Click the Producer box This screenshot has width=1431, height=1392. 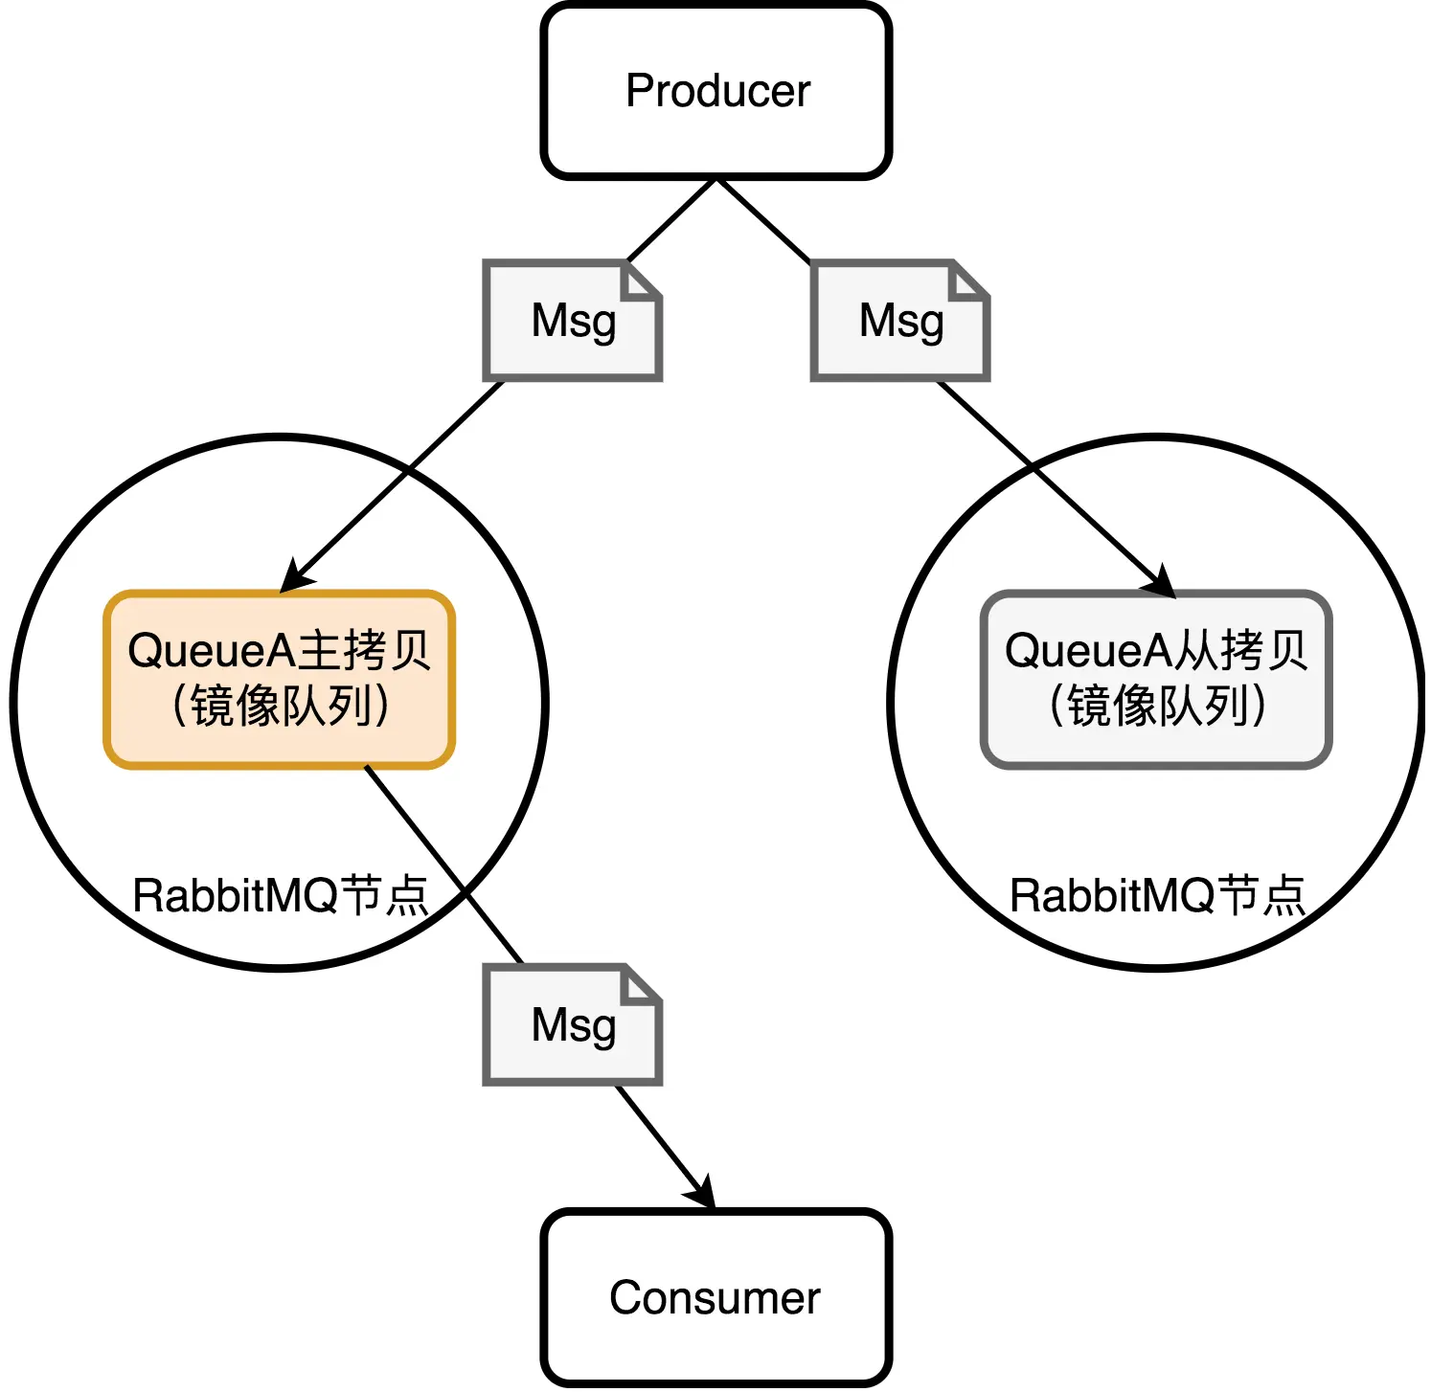click(716, 91)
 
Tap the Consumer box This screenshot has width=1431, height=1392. click(716, 1298)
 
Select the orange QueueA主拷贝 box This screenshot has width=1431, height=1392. click(279, 679)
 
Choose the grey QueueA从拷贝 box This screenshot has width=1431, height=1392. click(1156, 679)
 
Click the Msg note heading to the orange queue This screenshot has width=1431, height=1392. click(573, 321)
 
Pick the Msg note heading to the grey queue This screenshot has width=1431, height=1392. click(900, 321)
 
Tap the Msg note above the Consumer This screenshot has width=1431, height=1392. click(573, 1024)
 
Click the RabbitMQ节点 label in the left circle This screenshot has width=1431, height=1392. click(280, 896)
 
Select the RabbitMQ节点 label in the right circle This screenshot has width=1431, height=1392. click(1157, 896)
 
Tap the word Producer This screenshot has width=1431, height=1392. click(717, 91)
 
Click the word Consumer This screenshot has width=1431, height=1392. click(715, 1298)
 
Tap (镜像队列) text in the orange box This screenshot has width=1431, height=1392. click(280, 707)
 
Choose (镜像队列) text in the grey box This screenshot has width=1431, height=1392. click(1157, 707)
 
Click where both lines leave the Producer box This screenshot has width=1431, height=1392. click(716, 179)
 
